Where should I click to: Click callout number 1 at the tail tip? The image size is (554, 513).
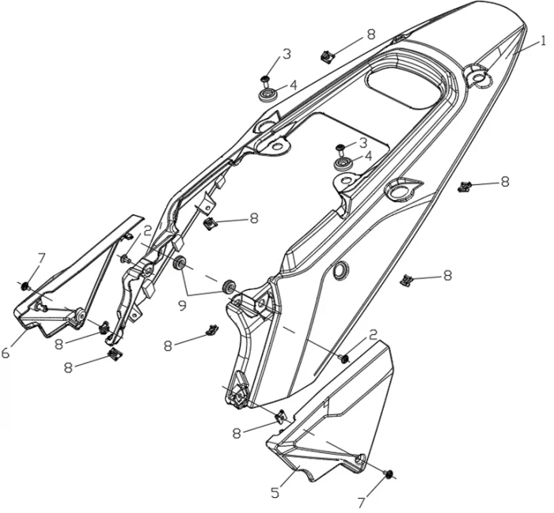[x=544, y=42]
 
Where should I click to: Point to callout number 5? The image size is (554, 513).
[x=275, y=492]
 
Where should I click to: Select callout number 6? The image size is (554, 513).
[x=6, y=353]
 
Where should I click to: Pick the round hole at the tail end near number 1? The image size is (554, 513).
[x=478, y=76]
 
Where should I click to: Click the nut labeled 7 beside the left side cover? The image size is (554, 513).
[x=26, y=285]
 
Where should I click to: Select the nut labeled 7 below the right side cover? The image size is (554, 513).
[x=389, y=473]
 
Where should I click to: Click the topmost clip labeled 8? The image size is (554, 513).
[x=326, y=55]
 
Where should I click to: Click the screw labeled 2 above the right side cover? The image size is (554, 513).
[x=344, y=358]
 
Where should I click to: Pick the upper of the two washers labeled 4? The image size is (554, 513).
[x=268, y=95]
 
